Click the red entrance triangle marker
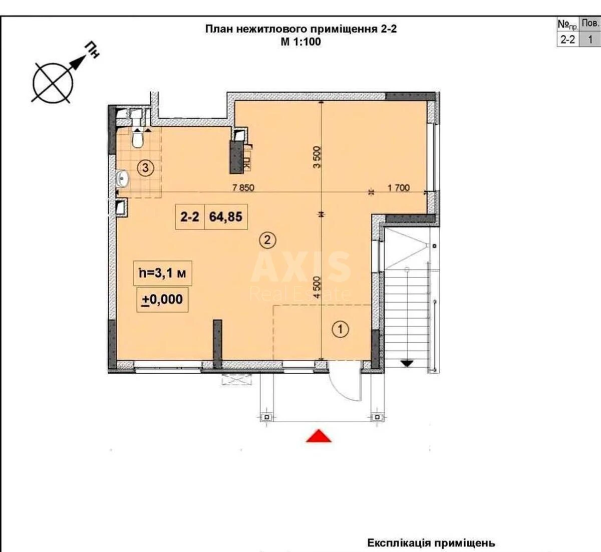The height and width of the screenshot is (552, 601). tap(319, 436)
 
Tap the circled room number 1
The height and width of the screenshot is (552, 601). tap(341, 330)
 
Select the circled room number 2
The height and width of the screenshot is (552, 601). tap(267, 240)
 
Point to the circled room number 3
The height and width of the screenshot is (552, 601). tap(145, 168)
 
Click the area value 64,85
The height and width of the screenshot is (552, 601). tap(225, 217)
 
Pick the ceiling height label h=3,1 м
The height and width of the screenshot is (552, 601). tap(163, 273)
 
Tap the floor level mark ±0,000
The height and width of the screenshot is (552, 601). tap(162, 300)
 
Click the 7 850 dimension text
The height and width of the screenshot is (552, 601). tap(243, 188)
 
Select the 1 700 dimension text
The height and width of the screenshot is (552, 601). tap(399, 188)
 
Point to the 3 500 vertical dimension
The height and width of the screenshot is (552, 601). tap(317, 157)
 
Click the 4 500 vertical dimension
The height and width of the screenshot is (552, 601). tap(317, 288)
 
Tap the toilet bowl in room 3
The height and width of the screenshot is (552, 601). tap(138, 140)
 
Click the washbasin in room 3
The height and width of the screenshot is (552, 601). tap(122, 179)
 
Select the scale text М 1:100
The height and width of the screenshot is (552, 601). tap(300, 42)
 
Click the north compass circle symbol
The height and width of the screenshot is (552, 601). tap(53, 83)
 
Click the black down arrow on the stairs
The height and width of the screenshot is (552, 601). tap(407, 364)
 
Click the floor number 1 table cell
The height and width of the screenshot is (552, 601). tap(590, 40)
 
